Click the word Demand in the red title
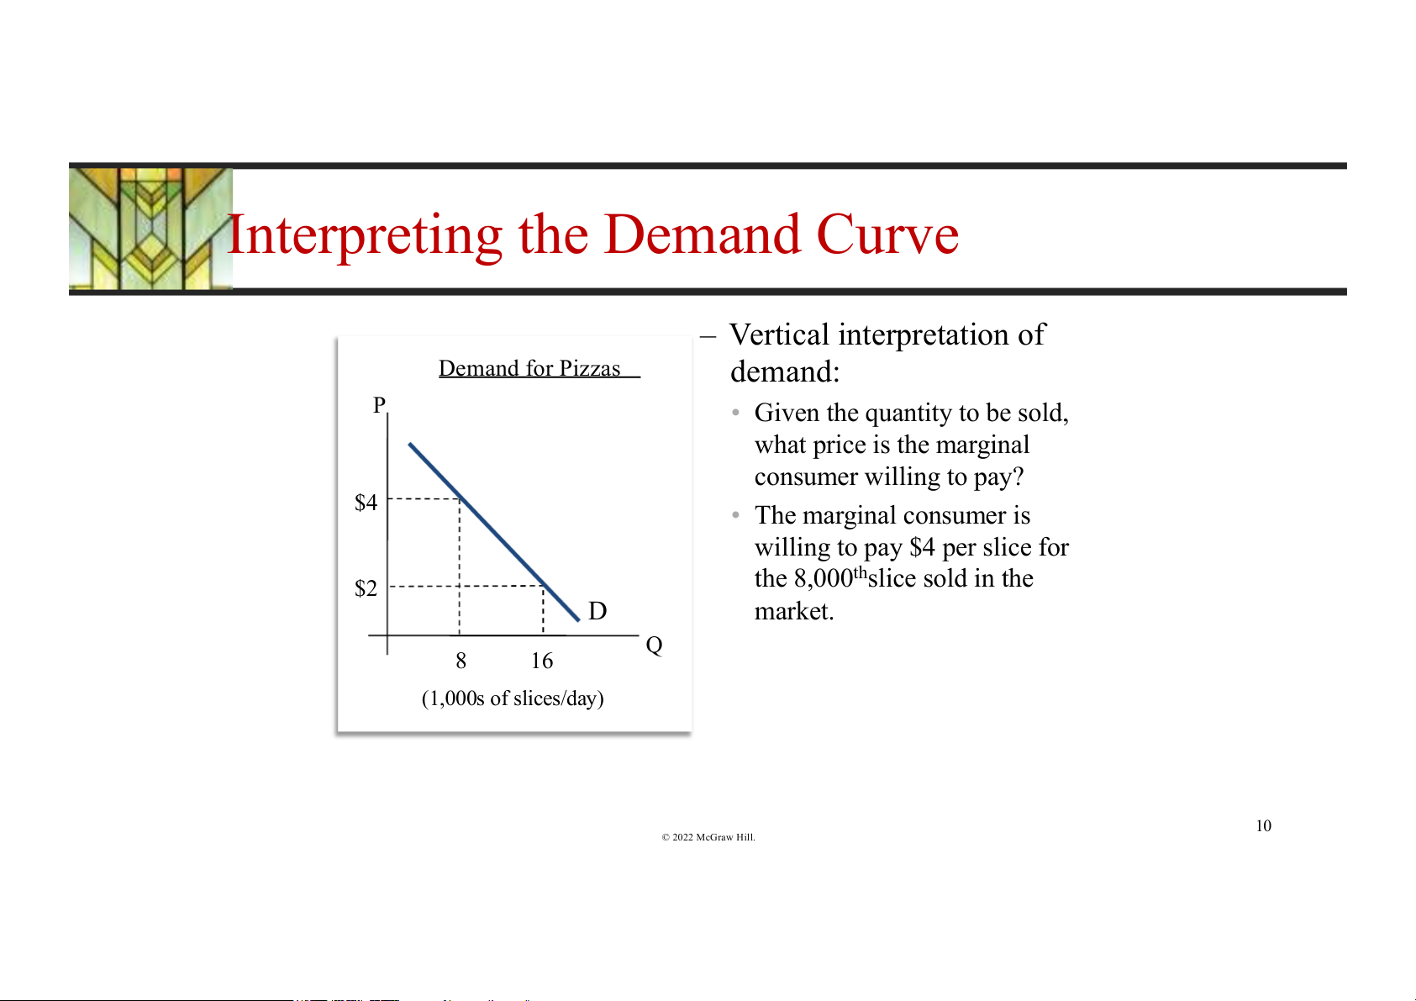703,234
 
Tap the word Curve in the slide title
887,234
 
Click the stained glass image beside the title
150,229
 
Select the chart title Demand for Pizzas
529,368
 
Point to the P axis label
379,404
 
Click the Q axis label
655,645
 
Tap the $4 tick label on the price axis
366,503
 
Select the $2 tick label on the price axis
366,588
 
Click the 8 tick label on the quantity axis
461,661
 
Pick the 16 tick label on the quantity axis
542,661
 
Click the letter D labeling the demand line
597,611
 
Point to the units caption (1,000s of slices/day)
513,698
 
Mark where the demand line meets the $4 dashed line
460,498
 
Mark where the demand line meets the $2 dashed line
543,586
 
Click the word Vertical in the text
780,335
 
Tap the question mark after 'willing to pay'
1018,477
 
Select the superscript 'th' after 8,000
861,572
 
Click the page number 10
1263,826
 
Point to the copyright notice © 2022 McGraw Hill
708,837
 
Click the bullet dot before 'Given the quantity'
735,413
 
